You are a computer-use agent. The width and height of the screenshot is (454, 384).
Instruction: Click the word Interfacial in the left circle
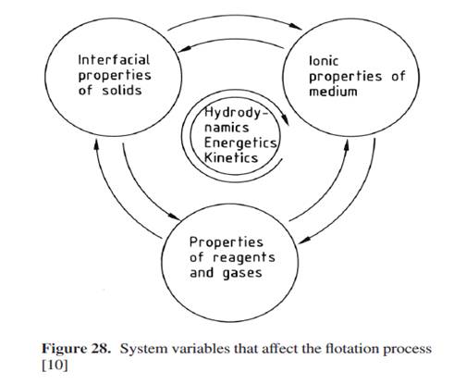point(114,60)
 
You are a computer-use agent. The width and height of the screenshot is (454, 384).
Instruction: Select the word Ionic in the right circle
point(324,61)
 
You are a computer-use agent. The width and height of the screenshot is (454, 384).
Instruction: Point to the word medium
point(333,92)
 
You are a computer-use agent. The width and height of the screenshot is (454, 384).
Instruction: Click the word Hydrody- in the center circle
point(236,113)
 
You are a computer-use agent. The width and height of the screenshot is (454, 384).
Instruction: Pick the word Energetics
point(240,142)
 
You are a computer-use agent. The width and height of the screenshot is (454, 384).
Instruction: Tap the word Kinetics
point(231,157)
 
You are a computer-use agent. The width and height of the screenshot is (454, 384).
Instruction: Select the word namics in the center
point(227,128)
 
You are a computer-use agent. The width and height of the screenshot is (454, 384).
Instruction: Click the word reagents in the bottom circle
point(244,258)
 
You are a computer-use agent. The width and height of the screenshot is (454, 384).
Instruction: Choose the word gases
point(242,273)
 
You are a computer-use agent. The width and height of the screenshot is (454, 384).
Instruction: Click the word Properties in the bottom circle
point(227,242)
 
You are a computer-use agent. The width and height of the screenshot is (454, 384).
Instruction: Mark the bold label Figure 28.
point(76,349)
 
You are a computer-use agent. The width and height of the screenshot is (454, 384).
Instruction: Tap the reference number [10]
point(55,365)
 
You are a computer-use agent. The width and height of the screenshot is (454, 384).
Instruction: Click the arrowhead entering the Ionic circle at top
point(296,27)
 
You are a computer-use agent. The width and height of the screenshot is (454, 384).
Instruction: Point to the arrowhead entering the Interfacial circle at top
point(185,49)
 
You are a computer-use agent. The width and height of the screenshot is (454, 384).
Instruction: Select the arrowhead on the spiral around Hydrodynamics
point(287,120)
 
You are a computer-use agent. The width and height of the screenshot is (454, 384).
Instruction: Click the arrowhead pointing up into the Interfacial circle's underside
point(96,144)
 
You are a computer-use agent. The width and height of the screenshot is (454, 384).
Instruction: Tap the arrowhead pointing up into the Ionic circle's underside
point(347,145)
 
